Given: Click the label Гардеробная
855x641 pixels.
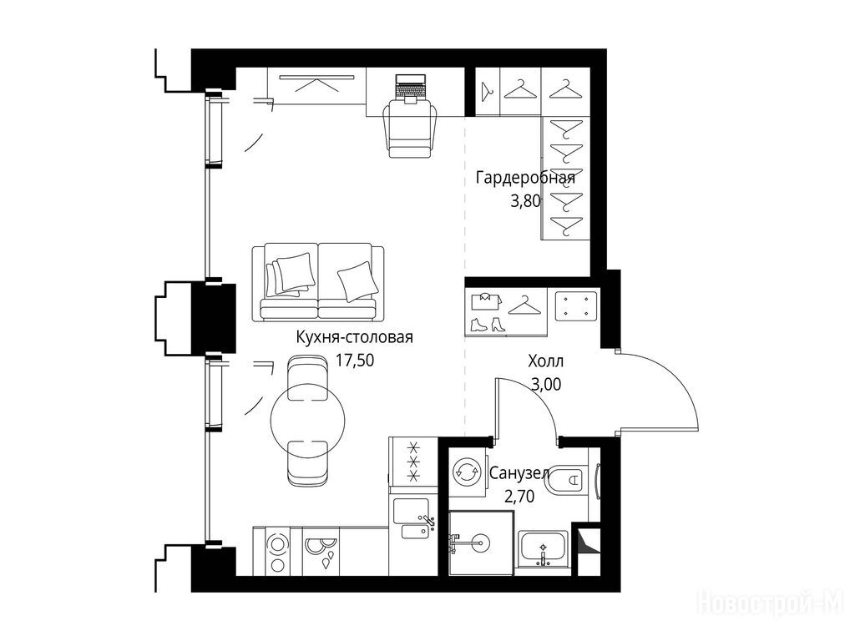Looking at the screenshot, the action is [x=525, y=179].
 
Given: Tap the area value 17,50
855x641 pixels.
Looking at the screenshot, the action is [x=354, y=361].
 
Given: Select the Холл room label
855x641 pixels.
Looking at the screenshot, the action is [x=545, y=361].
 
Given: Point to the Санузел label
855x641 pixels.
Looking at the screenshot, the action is [x=519, y=473].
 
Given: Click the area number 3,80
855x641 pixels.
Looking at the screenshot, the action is [x=526, y=202].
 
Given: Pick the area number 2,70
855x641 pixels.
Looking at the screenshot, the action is [x=519, y=496].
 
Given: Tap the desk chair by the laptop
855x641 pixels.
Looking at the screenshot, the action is [x=411, y=129].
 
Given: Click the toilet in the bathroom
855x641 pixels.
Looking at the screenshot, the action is [x=568, y=480].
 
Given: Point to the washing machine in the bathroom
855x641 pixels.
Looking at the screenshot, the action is [x=468, y=472].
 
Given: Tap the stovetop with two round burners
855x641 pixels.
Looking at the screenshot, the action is [x=278, y=552].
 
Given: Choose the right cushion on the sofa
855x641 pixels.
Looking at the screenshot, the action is [x=357, y=280].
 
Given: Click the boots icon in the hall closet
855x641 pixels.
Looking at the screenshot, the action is [x=488, y=325].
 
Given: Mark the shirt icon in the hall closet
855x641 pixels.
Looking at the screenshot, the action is [x=483, y=300].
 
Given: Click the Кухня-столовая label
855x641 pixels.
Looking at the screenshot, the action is [x=354, y=337].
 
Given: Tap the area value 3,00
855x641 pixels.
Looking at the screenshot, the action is [x=546, y=385].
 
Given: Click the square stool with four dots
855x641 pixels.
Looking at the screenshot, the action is [x=576, y=306].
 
